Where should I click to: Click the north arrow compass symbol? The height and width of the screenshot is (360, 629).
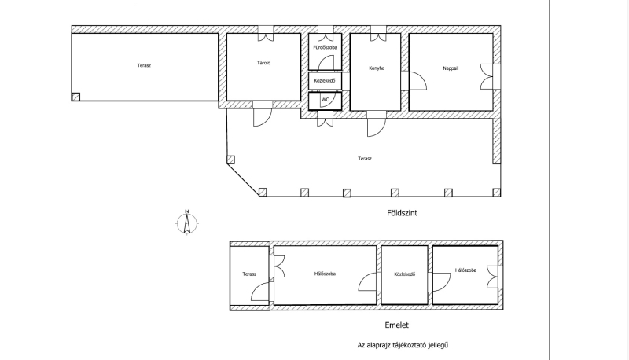186,222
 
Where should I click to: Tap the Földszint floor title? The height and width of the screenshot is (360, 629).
402,213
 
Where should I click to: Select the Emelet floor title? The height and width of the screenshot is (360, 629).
396,325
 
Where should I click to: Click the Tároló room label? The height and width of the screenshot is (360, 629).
263,63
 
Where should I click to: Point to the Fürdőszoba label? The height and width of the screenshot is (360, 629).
325,47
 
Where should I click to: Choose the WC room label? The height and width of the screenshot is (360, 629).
325,99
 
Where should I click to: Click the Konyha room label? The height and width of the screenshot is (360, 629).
377,68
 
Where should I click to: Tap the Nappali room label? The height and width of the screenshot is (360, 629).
451,68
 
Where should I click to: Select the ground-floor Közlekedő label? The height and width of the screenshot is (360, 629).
325,81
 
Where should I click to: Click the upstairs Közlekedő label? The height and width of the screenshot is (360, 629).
404,274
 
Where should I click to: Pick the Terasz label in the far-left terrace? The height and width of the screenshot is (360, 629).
144,65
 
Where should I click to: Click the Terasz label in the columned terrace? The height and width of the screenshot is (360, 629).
365,158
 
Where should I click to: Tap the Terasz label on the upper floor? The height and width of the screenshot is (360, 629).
249,274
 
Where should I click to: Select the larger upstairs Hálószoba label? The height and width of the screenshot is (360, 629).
325,274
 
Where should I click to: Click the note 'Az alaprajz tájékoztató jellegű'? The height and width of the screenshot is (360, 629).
403,345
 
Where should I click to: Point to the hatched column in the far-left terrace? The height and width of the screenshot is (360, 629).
75,97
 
